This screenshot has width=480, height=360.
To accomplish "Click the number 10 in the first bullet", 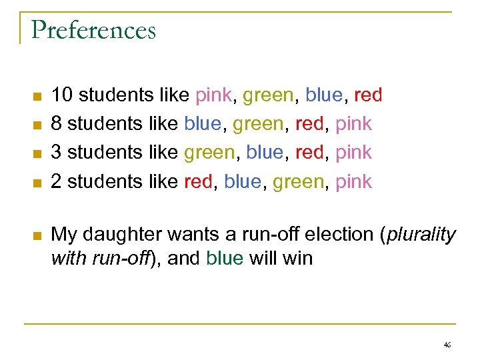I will tap(62, 95).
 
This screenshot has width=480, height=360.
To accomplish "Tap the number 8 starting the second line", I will tap(57, 124).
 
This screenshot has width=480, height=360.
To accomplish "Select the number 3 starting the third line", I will tap(57, 153).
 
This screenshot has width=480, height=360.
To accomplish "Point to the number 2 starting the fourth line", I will tap(57, 181).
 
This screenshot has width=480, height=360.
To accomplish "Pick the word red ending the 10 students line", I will tap(368, 95).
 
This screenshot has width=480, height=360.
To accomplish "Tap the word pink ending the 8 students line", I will tap(353, 124).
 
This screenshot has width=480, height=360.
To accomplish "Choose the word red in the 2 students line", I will tap(197, 181).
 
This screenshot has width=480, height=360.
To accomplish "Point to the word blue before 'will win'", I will tap(225, 258).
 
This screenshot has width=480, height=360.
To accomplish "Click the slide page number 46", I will tap(447, 345).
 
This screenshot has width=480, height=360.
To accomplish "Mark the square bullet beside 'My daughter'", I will tap(37, 235).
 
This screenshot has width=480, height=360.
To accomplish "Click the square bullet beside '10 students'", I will tap(37, 96).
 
